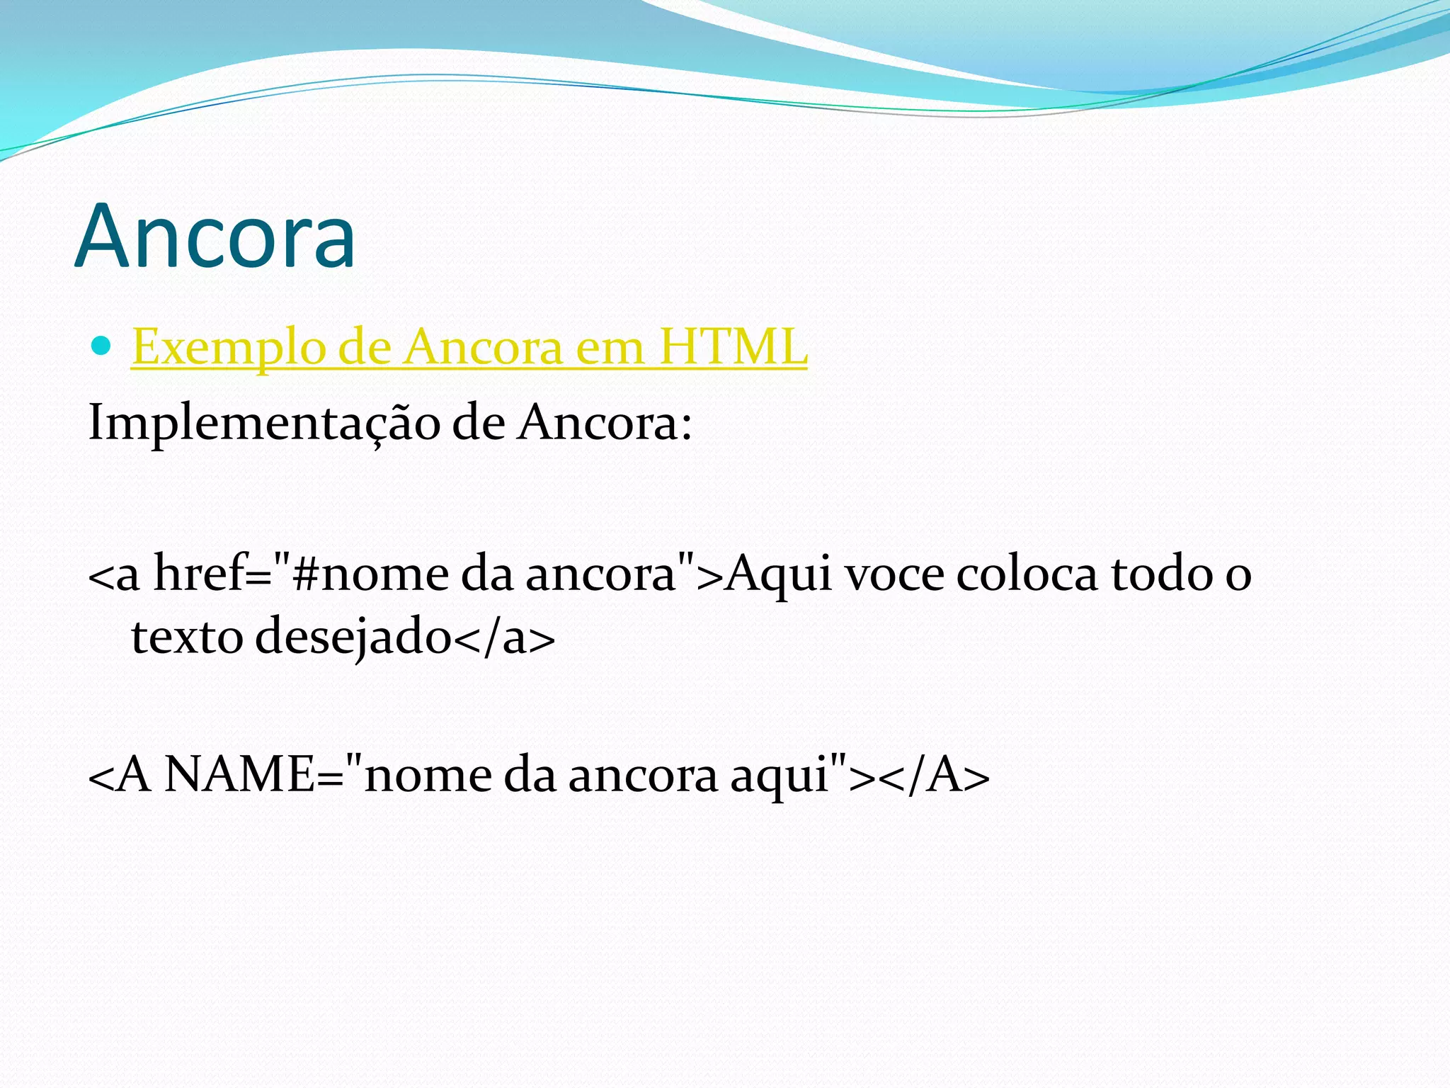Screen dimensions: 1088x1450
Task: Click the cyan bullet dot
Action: [102, 346]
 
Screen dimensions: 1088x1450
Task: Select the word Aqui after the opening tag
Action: [779, 574]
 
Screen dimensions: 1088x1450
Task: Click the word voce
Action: [895, 574]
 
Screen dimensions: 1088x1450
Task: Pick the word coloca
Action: [1027, 574]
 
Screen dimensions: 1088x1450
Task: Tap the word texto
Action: [188, 636]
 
